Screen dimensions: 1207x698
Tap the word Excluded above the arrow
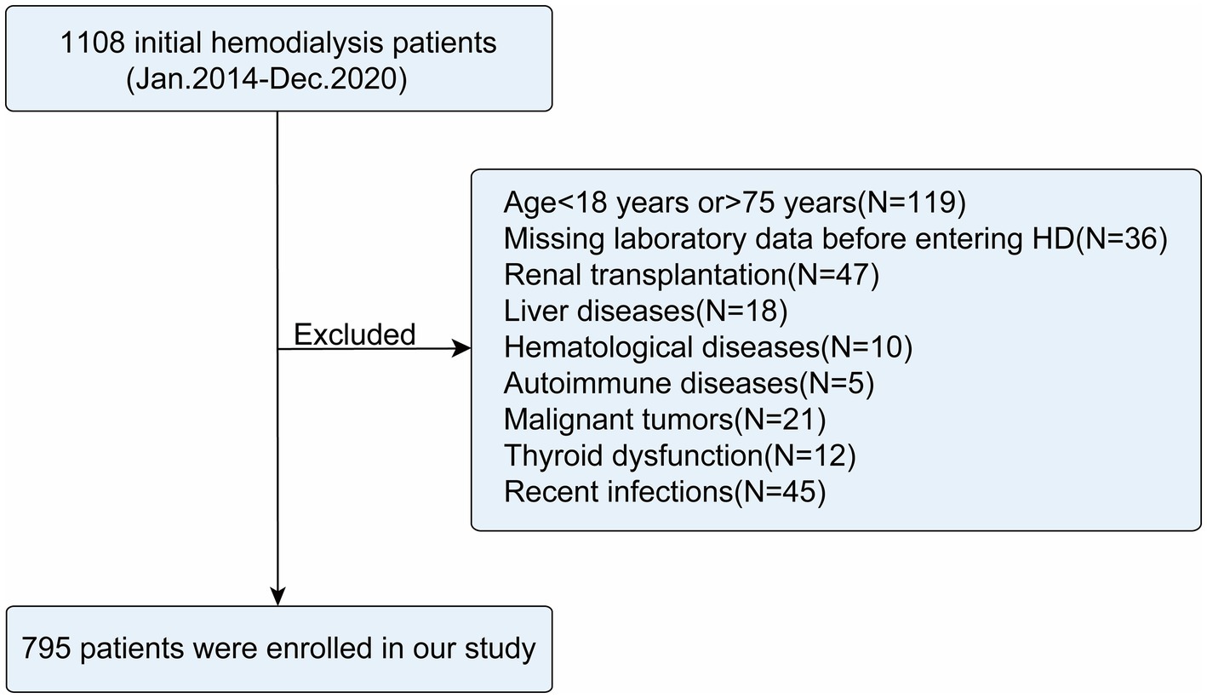coord(354,335)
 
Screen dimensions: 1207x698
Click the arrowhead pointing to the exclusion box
coord(461,348)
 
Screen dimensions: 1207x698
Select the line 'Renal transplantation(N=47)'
coord(690,275)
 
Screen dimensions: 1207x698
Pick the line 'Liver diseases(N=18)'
coord(645,312)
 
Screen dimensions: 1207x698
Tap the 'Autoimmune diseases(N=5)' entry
coord(689,384)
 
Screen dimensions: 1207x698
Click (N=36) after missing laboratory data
coord(1120,239)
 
